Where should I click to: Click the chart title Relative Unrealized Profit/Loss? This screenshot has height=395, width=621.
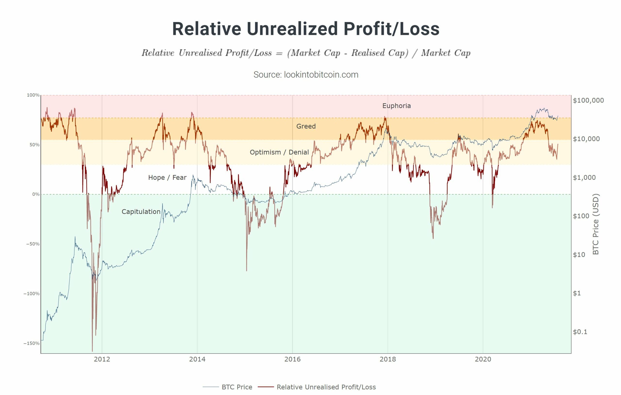coord(306,29)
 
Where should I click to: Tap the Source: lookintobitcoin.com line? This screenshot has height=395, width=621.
coord(306,75)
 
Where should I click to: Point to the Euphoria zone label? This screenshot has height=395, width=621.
coord(396,106)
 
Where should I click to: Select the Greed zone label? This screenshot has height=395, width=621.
coord(306,126)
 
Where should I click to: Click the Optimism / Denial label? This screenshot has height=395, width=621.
coord(279,152)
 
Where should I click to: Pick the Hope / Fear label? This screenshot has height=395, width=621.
coord(167,178)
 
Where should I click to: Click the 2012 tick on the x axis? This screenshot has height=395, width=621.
coord(102,359)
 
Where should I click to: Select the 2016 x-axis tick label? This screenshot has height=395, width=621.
coord(293,359)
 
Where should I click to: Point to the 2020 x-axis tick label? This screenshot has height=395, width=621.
coord(483,359)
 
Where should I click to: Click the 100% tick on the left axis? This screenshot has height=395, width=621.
coord(33,95)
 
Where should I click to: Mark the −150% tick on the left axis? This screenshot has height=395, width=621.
coord(32,343)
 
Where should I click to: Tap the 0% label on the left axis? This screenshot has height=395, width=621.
coord(36,194)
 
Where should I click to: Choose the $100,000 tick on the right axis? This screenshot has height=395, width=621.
coord(588,100)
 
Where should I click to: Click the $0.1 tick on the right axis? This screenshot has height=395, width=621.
coord(580,332)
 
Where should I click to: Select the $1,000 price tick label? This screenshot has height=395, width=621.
coord(584,178)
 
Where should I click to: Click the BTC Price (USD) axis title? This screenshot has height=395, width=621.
coord(596,224)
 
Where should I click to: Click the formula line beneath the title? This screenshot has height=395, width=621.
coord(306,53)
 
